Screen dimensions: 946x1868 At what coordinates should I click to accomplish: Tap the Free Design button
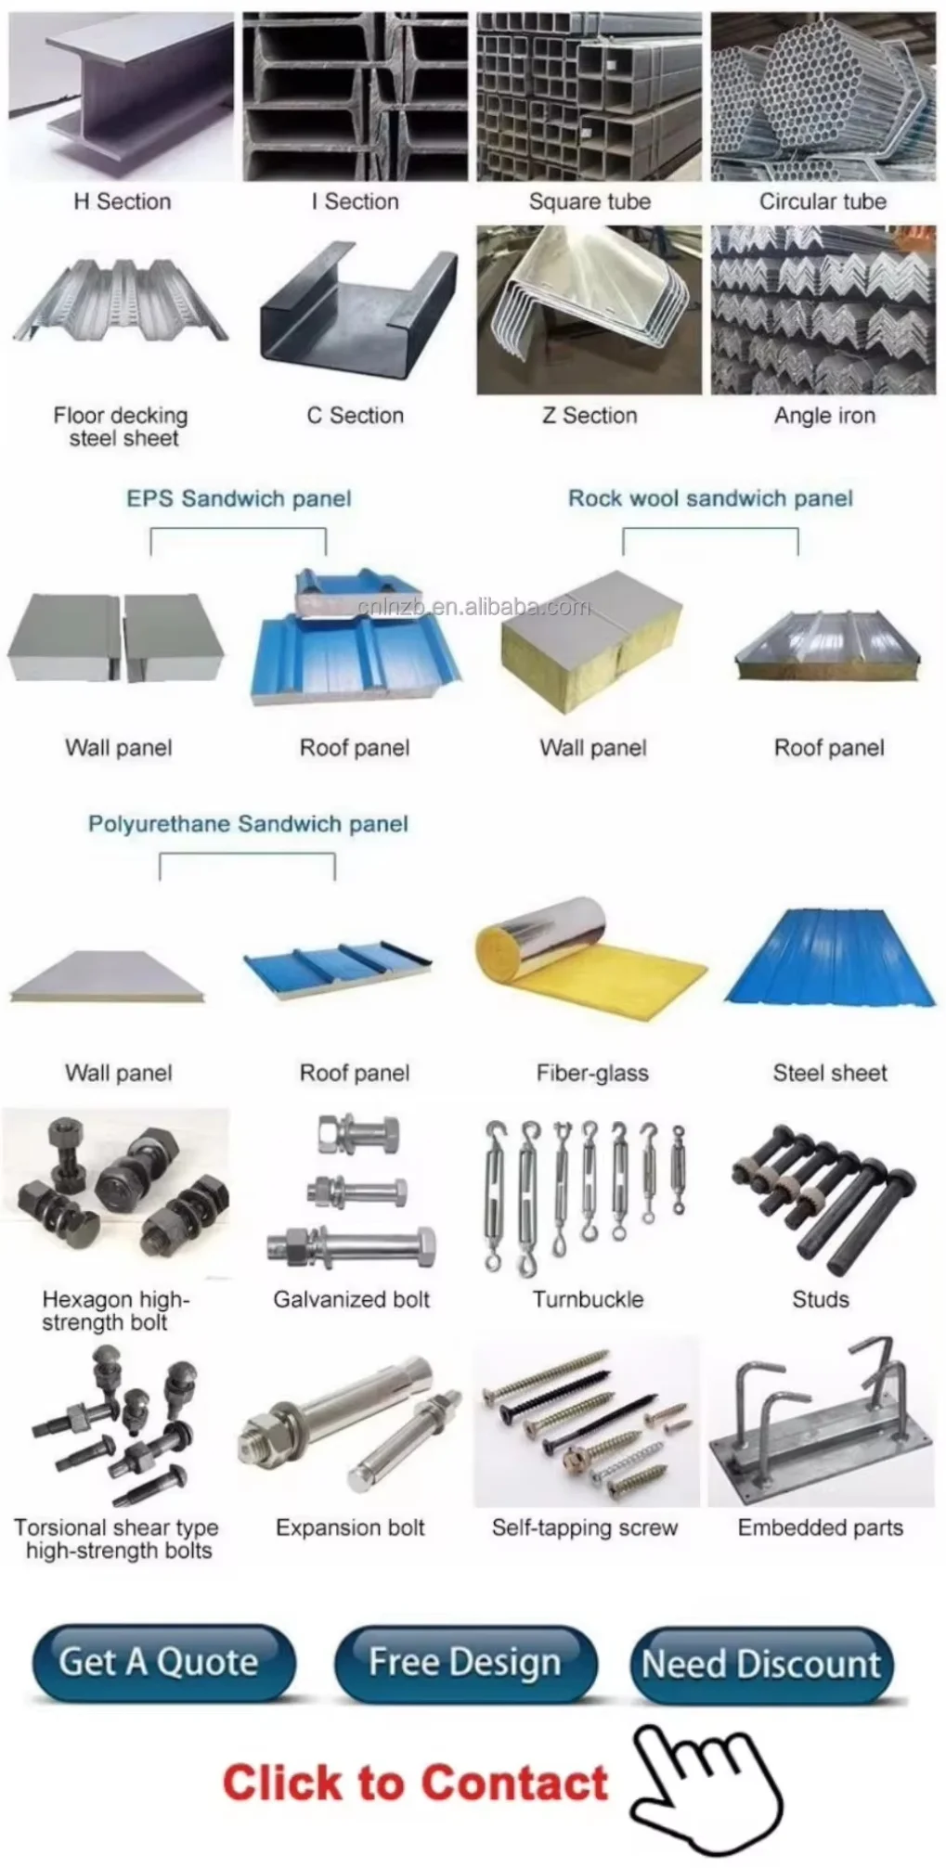pyautogui.click(x=465, y=1662)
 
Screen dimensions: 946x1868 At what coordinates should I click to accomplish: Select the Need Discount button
pyautogui.click(x=761, y=1664)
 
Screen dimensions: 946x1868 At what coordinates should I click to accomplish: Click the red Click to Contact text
pyautogui.click(x=415, y=1783)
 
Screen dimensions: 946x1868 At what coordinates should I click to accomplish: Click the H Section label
pyautogui.click(x=123, y=201)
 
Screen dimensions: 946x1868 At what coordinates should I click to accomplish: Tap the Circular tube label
pyautogui.click(x=823, y=201)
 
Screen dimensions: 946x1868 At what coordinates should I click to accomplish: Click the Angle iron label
pyautogui.click(x=824, y=416)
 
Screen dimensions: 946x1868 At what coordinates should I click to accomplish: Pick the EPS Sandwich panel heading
pyautogui.click(x=239, y=498)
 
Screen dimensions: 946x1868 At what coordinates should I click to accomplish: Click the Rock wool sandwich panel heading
pyautogui.click(x=710, y=498)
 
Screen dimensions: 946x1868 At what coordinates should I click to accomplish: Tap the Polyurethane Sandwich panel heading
pyautogui.click(x=248, y=824)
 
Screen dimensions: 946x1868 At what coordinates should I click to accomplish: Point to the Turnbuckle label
pyautogui.click(x=588, y=1299)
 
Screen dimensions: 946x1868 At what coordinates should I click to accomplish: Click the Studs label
pyautogui.click(x=821, y=1299)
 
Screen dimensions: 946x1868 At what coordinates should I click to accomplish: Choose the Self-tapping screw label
pyautogui.click(x=585, y=1527)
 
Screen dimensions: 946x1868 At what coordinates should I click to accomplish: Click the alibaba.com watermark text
pyautogui.click(x=474, y=607)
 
